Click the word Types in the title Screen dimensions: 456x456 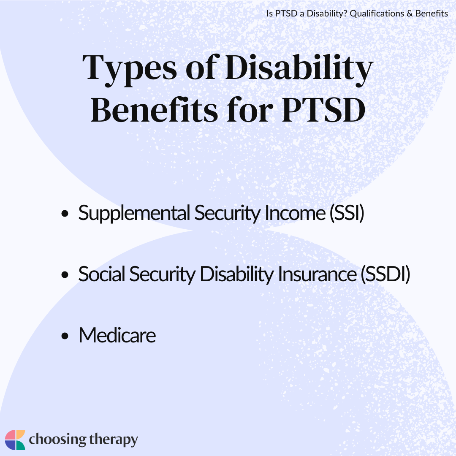click(x=130, y=69)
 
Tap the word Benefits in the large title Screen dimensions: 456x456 click(x=154, y=110)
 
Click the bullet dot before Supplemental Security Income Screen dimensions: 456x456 click(x=65, y=214)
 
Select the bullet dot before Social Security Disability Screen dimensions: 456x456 click(x=65, y=274)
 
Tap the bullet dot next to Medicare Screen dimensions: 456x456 click(x=65, y=336)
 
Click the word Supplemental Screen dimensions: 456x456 click(x=134, y=214)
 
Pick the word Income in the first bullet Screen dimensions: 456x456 click(x=295, y=213)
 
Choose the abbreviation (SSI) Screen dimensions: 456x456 click(x=347, y=214)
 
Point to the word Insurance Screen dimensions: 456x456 click(x=317, y=274)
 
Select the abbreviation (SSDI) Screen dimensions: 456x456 click(x=385, y=274)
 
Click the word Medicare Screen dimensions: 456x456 click(x=117, y=335)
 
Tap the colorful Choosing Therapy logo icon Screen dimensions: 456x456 click(x=15, y=440)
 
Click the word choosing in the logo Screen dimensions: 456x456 click(x=57, y=440)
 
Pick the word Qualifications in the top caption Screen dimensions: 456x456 click(x=377, y=14)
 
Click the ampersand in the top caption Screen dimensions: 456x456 click(x=410, y=14)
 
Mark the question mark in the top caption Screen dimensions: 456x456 click(x=345, y=14)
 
